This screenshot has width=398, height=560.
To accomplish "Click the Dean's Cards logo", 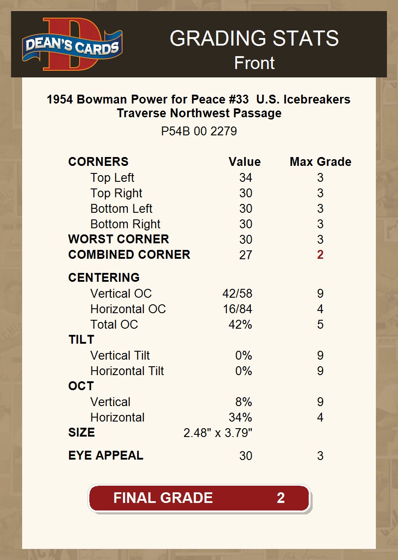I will point(73,45).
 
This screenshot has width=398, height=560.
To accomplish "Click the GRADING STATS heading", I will point(254,38).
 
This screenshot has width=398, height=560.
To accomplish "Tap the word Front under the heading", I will point(254,63).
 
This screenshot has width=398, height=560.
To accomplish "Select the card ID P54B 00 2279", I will point(199,131).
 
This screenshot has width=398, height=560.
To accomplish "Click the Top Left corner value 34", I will point(245,178).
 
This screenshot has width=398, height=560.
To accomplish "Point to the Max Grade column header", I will point(320,162).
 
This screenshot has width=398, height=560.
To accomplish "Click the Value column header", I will point(245,162).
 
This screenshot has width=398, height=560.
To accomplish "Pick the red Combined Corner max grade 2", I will point(320,255).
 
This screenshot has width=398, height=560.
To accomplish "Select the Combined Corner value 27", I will point(245,255).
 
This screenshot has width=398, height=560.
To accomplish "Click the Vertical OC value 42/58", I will point(237,294).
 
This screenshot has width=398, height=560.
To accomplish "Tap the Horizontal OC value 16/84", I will point(237,309).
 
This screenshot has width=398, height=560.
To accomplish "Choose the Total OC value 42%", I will point(240,325).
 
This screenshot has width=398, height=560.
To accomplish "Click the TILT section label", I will point(81,340).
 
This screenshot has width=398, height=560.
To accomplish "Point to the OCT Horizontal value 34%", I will point(241,418).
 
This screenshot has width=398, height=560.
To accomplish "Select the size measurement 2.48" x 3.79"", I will point(218,433).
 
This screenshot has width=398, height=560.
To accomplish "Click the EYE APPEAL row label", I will point(106,456).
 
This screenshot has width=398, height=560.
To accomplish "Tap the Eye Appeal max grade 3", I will point(320,456).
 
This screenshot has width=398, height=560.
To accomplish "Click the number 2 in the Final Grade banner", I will point(280,498).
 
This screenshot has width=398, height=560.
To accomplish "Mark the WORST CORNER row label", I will point(119,239).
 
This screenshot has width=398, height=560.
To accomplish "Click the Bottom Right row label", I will point(125,224).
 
